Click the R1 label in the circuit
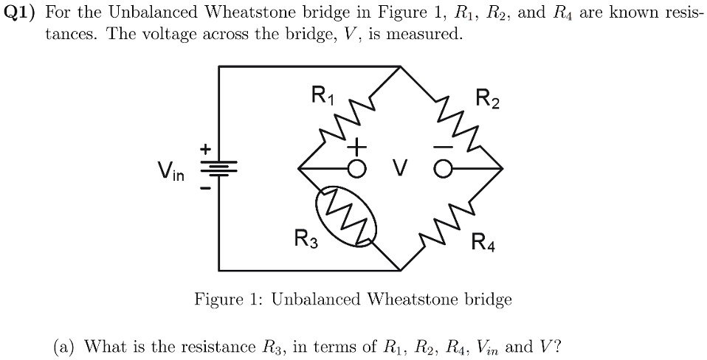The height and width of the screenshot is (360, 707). pos(323,95)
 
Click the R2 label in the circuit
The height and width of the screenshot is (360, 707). pos(487,98)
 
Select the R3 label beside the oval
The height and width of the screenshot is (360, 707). pos(306,238)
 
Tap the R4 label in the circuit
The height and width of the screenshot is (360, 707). pos(484,241)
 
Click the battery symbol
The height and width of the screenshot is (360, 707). pos(218,170)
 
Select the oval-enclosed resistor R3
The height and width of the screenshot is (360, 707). pos(345,215)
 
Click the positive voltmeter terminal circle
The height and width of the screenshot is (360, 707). pos(356,169)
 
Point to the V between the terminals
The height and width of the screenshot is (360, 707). pos(399,170)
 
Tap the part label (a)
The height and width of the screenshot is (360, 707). pos(65,346)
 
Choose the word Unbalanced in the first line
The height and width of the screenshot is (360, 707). pos(148,13)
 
